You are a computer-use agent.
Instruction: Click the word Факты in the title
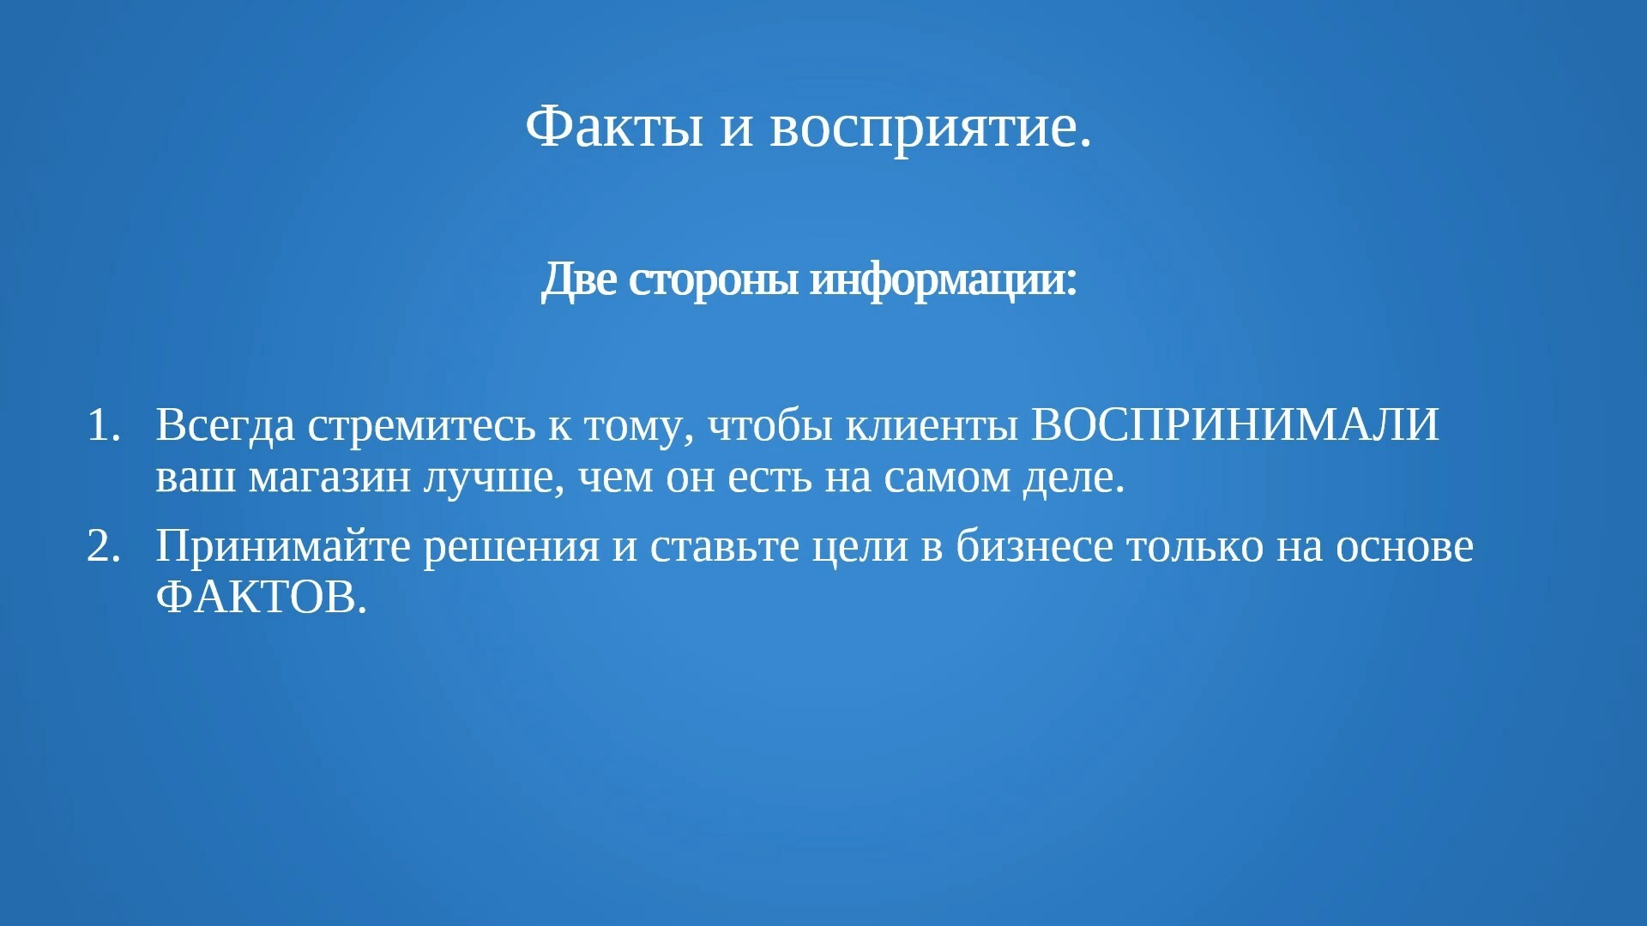coord(614,127)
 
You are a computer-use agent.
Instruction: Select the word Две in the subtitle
coord(579,280)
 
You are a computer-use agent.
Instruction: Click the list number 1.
coord(103,425)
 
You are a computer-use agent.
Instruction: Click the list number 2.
coord(103,546)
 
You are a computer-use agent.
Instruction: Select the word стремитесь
coord(421,427)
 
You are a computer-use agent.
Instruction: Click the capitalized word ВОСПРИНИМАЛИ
coord(1234,425)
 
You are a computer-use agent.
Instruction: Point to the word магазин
coord(329,478)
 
